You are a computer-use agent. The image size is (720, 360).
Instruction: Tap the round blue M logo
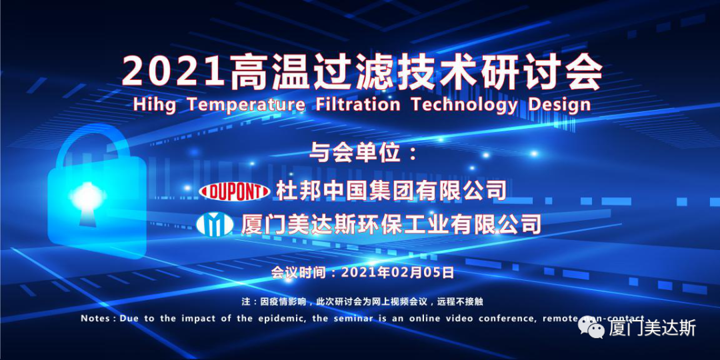coord(215,223)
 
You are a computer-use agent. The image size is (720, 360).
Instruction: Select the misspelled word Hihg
coord(154,105)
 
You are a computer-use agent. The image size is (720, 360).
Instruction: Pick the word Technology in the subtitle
coord(464,105)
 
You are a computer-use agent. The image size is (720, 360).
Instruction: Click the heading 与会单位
coord(355,153)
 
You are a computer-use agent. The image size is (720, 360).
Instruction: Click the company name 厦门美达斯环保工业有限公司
coord(391,223)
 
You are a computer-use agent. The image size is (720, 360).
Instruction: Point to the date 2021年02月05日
coord(398,272)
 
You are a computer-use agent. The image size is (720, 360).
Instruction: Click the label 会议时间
coord(301,272)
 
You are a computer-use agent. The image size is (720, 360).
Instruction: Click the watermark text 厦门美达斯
coord(653,328)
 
